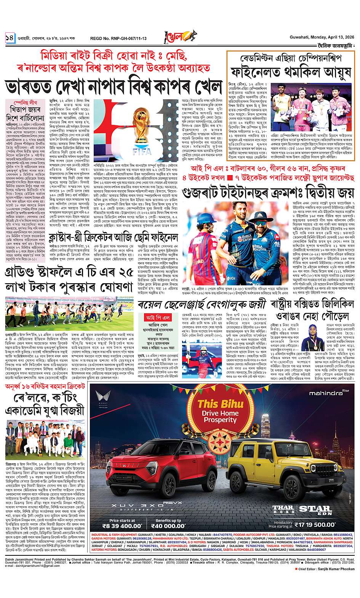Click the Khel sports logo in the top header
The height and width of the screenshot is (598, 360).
tap(179, 37)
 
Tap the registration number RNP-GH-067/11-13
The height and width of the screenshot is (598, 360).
tap(118, 38)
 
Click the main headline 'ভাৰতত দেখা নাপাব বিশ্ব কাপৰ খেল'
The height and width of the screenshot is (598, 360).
tap(113, 86)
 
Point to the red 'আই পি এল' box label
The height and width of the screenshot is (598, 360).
tap(154, 328)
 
